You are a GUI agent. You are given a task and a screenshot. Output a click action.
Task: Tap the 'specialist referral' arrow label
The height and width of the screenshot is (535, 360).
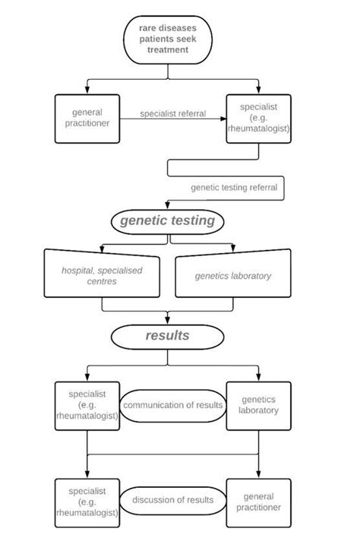pyautogui.click(x=173, y=114)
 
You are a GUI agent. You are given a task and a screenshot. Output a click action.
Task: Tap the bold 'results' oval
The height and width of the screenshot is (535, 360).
pyautogui.click(x=168, y=334)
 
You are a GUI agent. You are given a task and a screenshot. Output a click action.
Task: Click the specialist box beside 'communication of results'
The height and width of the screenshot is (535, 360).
pyautogui.click(x=87, y=405)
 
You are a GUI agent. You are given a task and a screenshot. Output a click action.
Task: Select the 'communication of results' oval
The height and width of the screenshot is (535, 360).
pyautogui.click(x=173, y=405)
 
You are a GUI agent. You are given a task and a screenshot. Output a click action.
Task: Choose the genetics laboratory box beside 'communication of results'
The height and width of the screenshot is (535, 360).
pyautogui.click(x=258, y=405)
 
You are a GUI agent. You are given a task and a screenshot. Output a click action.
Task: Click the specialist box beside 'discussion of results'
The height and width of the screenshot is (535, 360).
pyautogui.click(x=87, y=502)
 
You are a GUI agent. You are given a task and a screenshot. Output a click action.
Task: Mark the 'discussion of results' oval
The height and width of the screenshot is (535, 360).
pyautogui.click(x=173, y=501)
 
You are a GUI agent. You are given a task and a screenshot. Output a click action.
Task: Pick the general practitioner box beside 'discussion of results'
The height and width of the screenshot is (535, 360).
pyautogui.click(x=258, y=502)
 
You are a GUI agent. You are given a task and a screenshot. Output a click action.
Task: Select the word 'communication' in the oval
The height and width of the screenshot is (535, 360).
pyautogui.click(x=155, y=405)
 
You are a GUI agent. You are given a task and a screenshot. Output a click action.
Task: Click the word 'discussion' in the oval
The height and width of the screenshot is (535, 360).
pyautogui.click(x=156, y=501)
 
